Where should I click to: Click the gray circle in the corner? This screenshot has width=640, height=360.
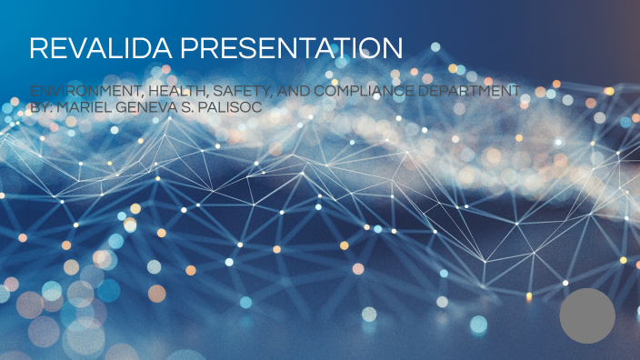click(x=587, y=315)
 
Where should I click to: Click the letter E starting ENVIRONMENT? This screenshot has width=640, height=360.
click(x=34, y=91)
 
